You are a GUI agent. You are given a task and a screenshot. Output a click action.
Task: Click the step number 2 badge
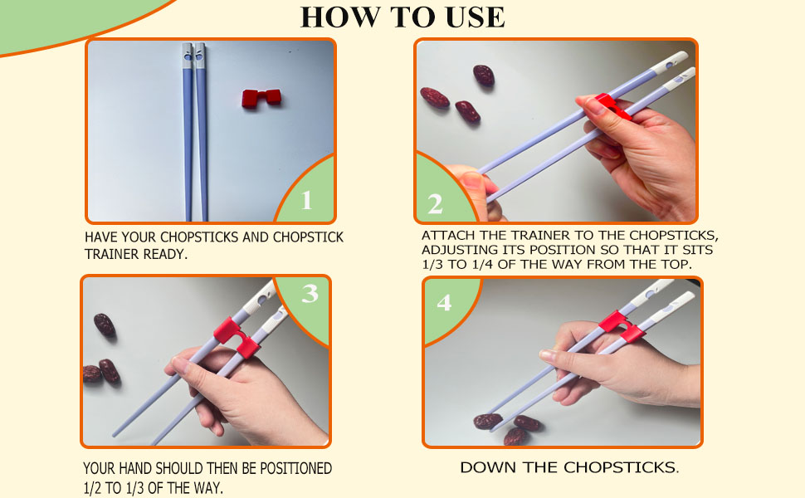[436, 203]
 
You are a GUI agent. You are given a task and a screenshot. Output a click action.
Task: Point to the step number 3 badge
[310, 294]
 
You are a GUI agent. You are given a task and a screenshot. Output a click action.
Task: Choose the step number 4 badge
[444, 303]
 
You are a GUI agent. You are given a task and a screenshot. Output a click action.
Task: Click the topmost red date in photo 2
[484, 76]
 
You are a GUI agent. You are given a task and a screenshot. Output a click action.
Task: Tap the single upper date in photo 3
[105, 325]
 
